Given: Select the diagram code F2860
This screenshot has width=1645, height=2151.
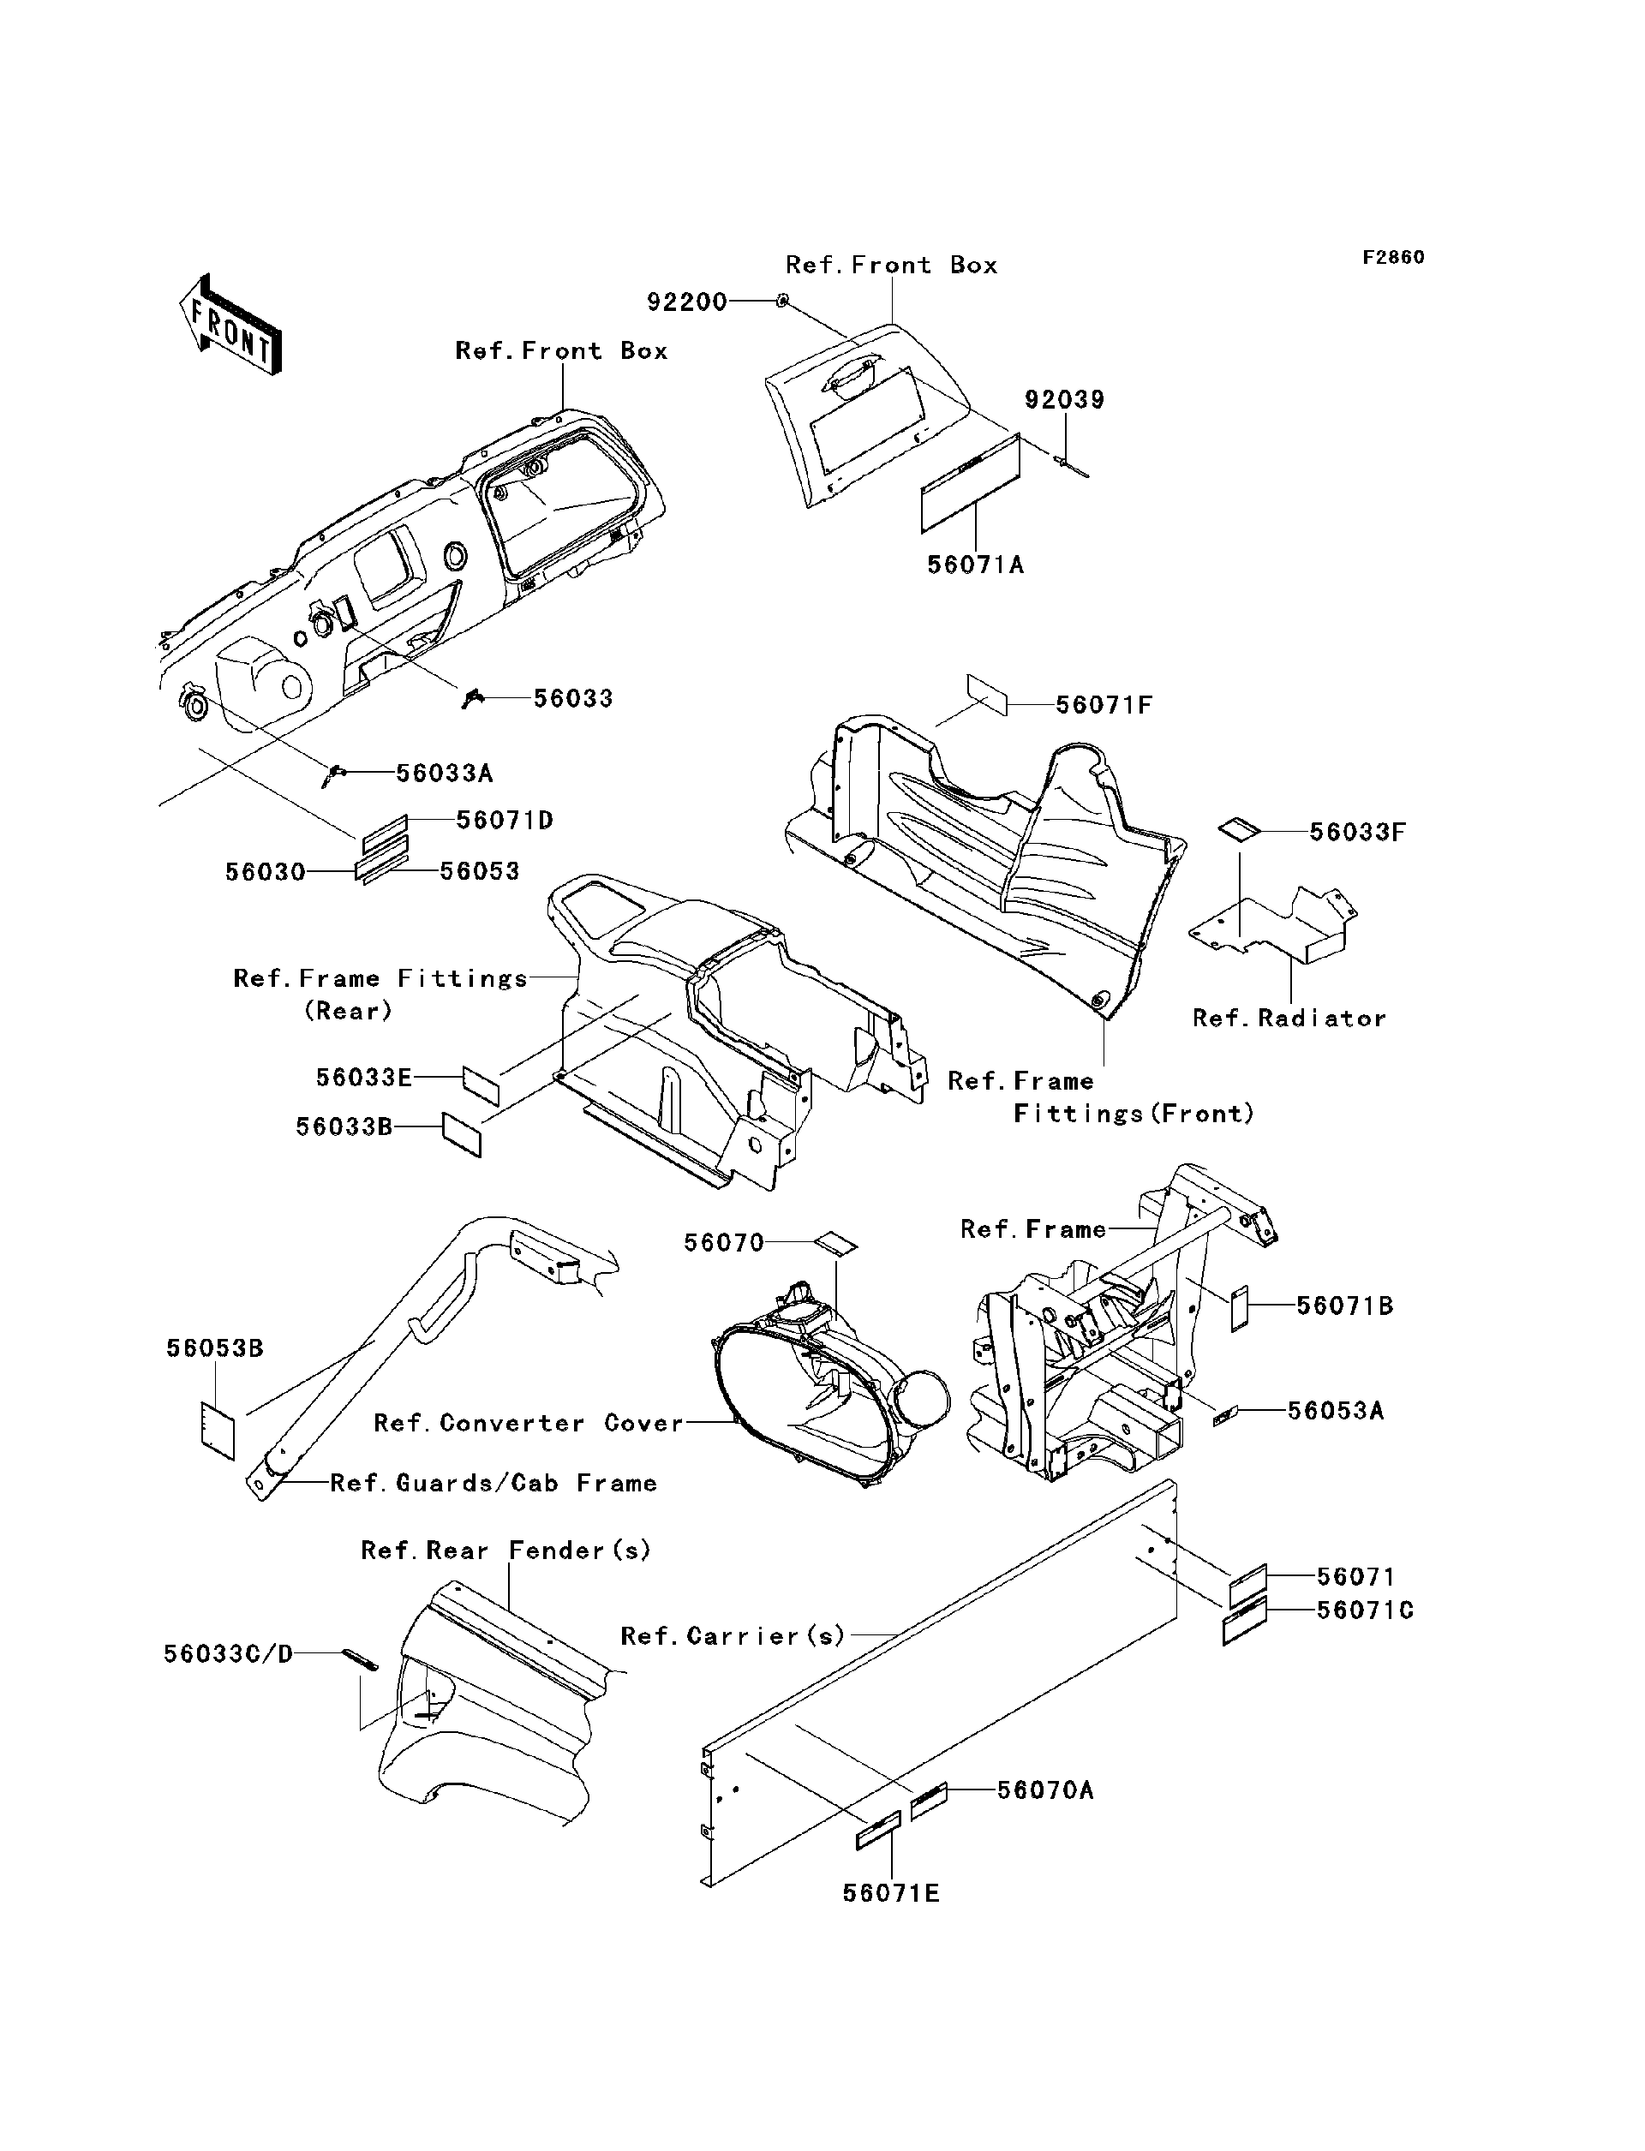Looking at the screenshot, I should pyautogui.click(x=1393, y=258).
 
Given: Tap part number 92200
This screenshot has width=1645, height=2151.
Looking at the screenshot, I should pyautogui.click(x=686, y=302).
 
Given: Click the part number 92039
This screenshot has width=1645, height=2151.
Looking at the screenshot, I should pyautogui.click(x=1064, y=399).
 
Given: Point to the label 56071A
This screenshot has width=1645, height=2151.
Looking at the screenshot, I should pyautogui.click(x=975, y=565).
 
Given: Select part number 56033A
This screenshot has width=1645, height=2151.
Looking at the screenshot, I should pyautogui.click(x=444, y=774).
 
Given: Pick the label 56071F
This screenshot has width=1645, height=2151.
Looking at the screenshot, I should pyautogui.click(x=1104, y=705).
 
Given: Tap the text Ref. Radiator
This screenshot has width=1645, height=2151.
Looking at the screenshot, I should pyautogui.click(x=1289, y=1019).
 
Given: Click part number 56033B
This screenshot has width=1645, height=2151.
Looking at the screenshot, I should pyautogui.click(x=344, y=1127).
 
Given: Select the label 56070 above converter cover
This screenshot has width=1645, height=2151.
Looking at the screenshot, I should pyautogui.click(x=724, y=1242).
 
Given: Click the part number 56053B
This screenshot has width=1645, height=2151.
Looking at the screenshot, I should pyautogui.click(x=214, y=1348).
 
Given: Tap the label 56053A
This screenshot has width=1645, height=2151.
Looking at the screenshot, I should pyautogui.click(x=1335, y=1411).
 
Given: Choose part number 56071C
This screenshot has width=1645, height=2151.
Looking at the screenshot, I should pyautogui.click(x=1364, y=1610).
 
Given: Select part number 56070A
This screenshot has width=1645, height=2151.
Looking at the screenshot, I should pyautogui.click(x=1044, y=1790).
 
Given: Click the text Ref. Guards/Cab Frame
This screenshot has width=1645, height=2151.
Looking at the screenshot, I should pyautogui.click(x=493, y=1484).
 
